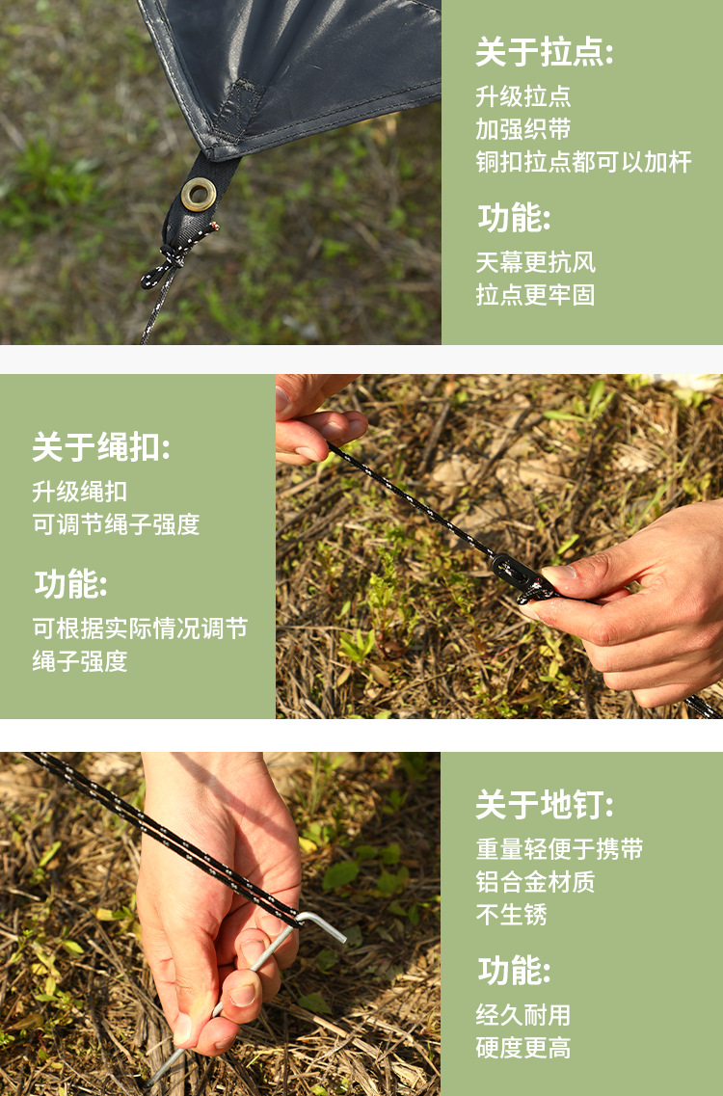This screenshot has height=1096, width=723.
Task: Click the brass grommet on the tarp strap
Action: [199, 194]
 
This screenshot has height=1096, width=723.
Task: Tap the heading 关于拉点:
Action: [544, 53]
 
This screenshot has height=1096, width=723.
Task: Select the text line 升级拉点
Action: [522, 96]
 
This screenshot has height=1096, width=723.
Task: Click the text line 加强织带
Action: [522, 129]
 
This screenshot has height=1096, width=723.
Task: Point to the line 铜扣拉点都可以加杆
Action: [582, 162]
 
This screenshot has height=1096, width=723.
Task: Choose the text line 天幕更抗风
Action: [535, 262]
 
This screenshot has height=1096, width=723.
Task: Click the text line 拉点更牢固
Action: [535, 295]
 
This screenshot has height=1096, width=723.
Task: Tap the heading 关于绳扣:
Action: [101, 447]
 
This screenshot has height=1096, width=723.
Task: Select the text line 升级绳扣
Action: [80, 492]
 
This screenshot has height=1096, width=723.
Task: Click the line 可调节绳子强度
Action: [116, 524]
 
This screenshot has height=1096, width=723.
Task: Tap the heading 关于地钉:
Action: [544, 805]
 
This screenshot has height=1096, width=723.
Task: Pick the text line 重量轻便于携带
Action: [559, 849]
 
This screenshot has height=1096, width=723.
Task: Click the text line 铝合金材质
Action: [535, 882]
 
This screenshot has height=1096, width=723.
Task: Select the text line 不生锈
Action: [511, 915]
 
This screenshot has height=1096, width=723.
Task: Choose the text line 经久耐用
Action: [522, 1015]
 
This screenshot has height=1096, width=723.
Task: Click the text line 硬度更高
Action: [522, 1048]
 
